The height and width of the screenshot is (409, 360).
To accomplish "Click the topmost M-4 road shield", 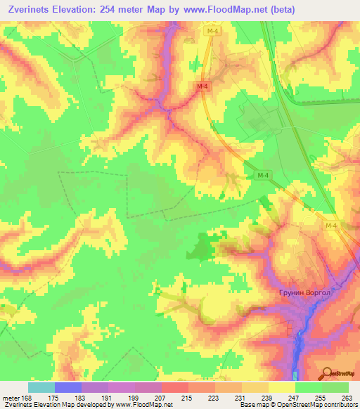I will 210,51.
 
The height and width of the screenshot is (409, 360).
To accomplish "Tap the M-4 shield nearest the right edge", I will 332,225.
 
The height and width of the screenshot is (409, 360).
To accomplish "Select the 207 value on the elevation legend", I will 160,398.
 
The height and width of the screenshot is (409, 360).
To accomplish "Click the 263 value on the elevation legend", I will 347,398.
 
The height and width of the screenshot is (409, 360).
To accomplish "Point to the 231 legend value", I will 240,398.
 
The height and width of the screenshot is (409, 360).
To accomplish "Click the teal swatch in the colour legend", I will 41,387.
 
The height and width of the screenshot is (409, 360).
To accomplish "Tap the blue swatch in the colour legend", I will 67,387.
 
